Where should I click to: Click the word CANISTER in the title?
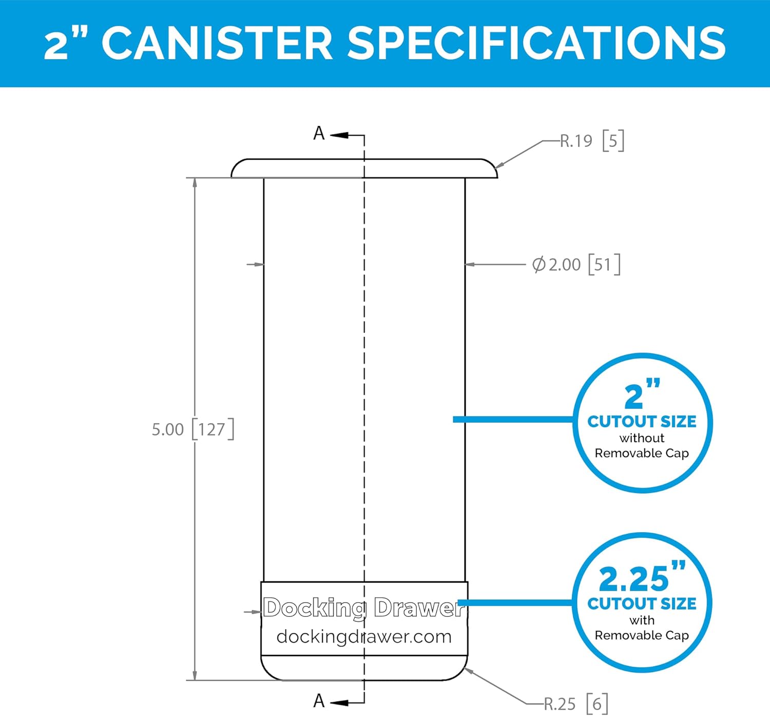pyautogui.click(x=217, y=43)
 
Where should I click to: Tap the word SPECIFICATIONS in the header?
pyautogui.click(x=536, y=43)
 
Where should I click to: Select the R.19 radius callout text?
pyautogui.click(x=576, y=141)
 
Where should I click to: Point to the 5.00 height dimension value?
pyautogui.click(x=167, y=429)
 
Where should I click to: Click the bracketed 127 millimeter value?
pyautogui.click(x=213, y=429)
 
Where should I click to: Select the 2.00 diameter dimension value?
pyautogui.click(x=565, y=265)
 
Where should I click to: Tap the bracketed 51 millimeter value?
pyautogui.click(x=604, y=265)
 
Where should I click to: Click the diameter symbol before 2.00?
pyautogui.click(x=538, y=265)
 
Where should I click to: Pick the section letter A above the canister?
pyautogui.click(x=319, y=134)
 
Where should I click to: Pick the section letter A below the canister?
pyautogui.click(x=319, y=701)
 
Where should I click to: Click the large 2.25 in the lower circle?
pyautogui.click(x=633, y=579)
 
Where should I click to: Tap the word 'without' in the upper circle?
pyautogui.click(x=642, y=438)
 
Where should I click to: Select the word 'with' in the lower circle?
pyautogui.click(x=642, y=620)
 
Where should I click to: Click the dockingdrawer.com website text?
pyautogui.click(x=364, y=637)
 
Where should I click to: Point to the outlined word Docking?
pyautogui.click(x=314, y=608)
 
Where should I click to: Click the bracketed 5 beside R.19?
pyautogui.click(x=613, y=141)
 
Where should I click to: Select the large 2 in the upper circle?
pyautogui.click(x=633, y=397)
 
